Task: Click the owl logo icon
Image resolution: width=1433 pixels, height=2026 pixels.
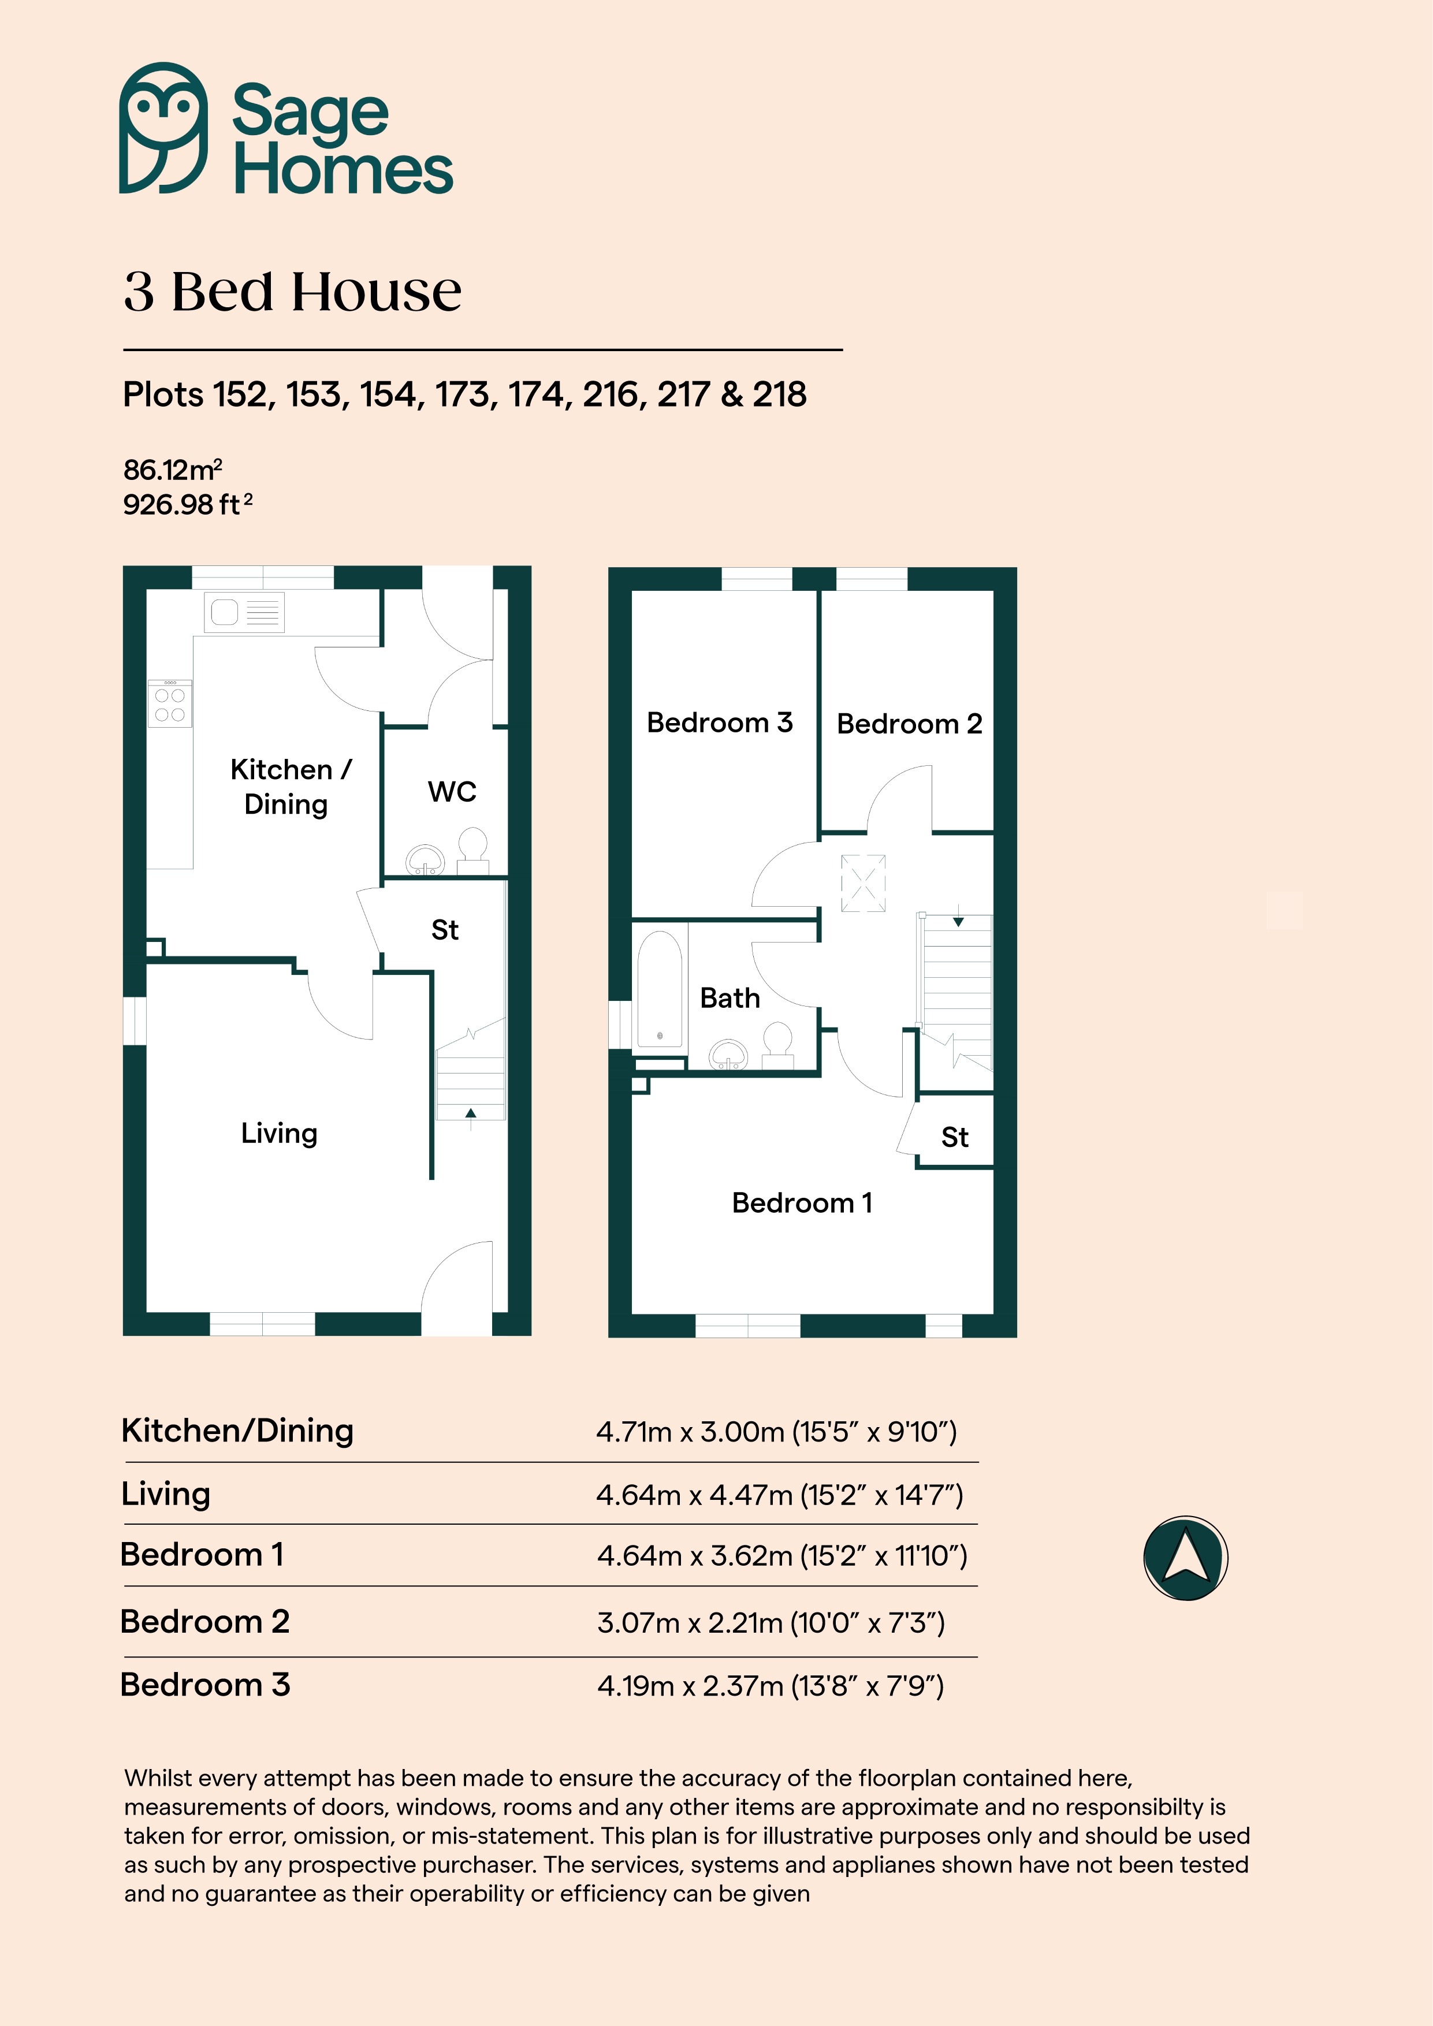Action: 163,128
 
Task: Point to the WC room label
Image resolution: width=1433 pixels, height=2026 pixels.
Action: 452,792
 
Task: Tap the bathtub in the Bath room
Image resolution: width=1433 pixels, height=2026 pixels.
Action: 659,988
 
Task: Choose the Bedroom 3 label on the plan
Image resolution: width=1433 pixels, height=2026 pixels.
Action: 719,722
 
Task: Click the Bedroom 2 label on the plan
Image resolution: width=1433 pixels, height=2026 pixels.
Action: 909,724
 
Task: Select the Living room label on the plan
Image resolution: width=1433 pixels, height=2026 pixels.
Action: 279,1133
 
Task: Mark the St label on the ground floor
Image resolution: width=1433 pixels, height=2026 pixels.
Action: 445,930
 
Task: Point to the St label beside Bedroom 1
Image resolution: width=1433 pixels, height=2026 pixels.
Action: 955,1137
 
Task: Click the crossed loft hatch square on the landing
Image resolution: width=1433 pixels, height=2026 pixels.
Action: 863,882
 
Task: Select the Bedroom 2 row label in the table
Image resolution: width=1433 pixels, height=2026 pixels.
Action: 204,1621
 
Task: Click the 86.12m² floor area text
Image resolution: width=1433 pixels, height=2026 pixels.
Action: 173,470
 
